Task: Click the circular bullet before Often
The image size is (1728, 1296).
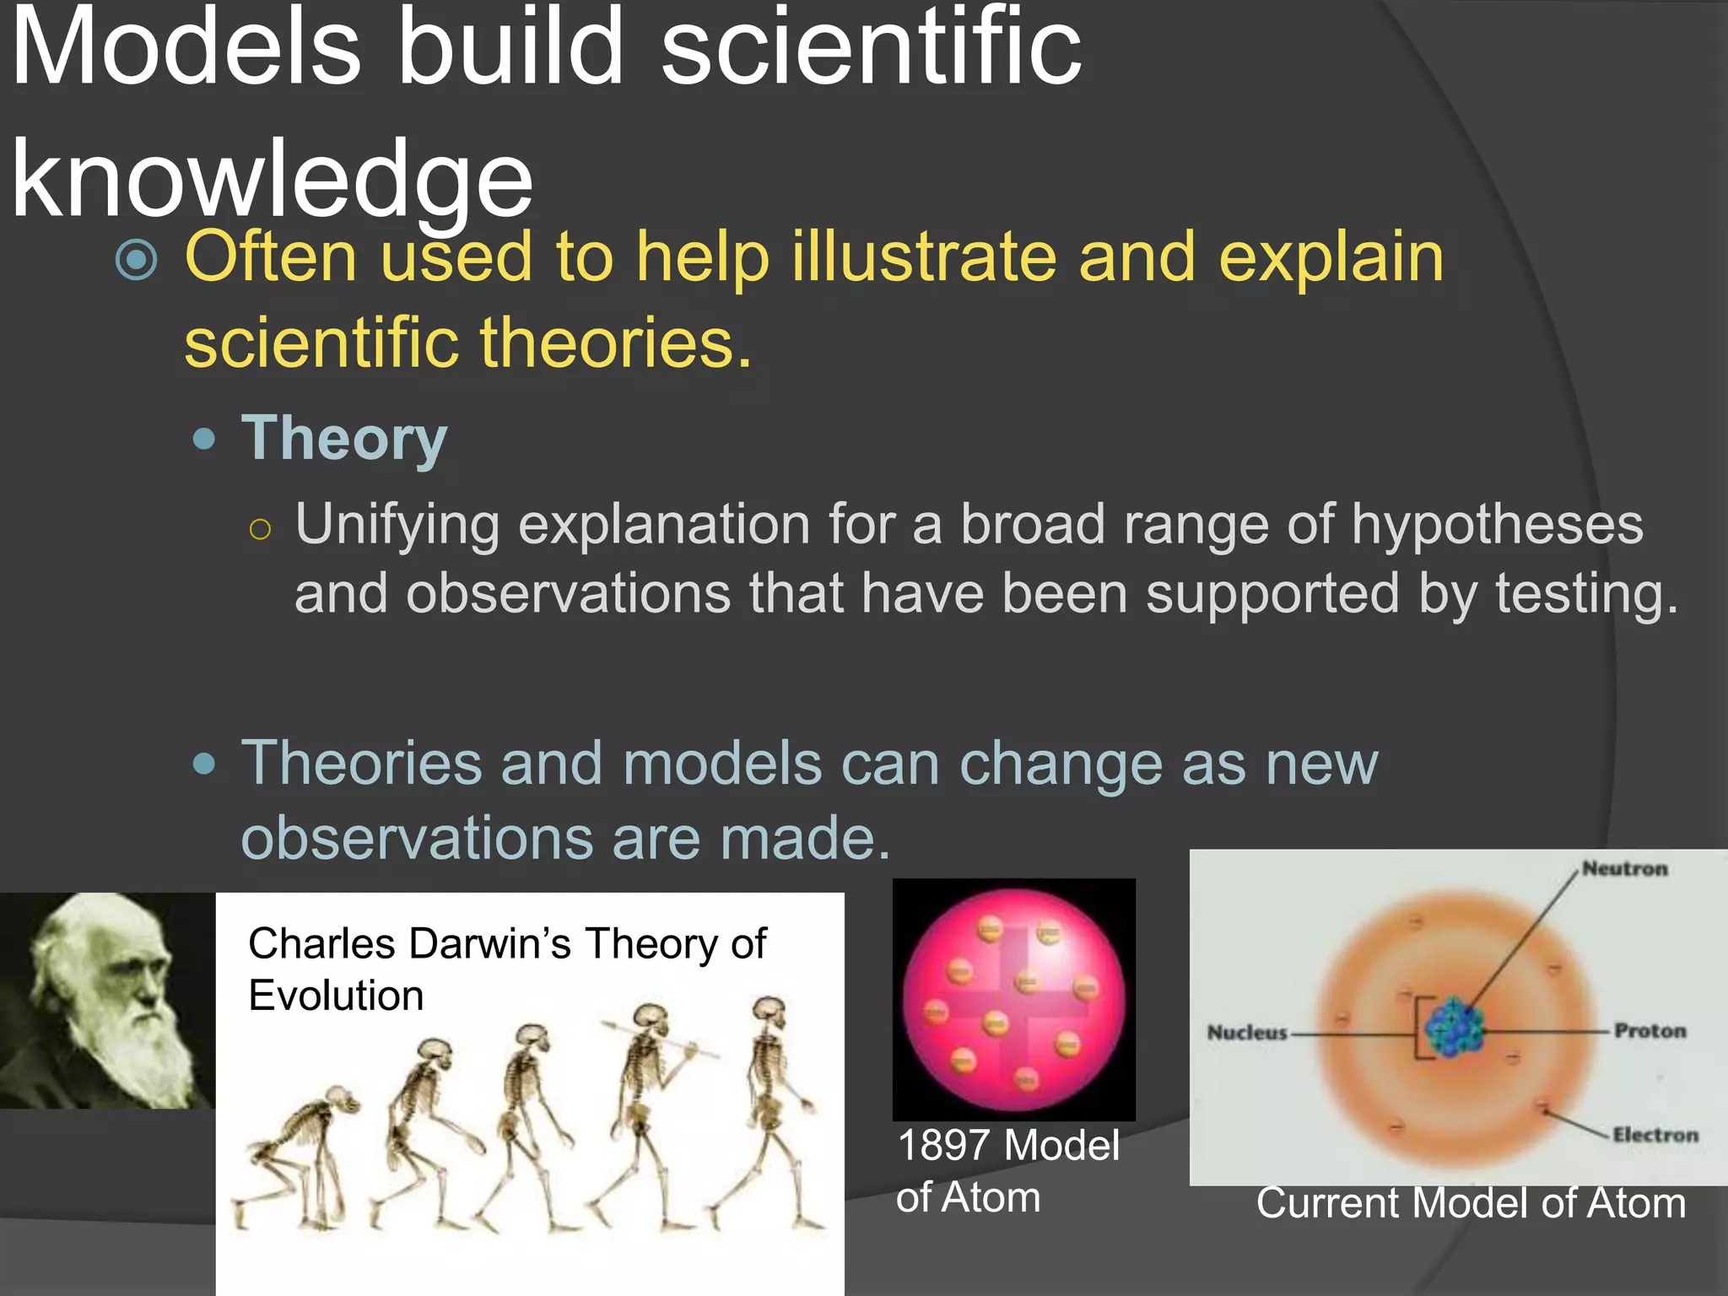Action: [137, 260]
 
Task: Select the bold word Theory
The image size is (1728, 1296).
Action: [343, 439]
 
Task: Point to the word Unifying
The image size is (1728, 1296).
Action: [397, 525]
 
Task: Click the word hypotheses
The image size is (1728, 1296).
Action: [1497, 525]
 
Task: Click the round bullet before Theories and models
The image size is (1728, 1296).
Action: [204, 764]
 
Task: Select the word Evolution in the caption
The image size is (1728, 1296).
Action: [336, 996]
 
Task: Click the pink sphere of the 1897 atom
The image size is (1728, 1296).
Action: [1013, 999]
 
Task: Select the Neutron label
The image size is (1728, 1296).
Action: [1624, 868]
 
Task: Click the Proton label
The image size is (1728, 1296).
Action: [1650, 1030]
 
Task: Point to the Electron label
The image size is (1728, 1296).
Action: [1655, 1135]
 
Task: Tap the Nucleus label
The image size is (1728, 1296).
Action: [1246, 1033]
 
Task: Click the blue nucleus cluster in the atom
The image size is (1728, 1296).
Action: [1454, 1027]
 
